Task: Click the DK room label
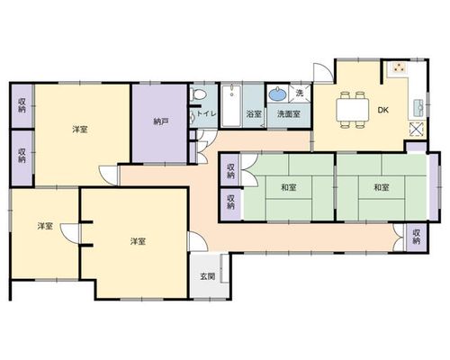(383, 110)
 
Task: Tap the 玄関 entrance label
(208, 276)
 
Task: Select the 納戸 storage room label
(161, 121)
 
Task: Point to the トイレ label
(206, 113)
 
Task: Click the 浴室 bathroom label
(254, 114)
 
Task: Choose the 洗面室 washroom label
(289, 114)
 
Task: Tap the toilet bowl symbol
(198, 94)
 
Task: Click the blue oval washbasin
(278, 94)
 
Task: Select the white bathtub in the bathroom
(231, 106)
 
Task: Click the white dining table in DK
(353, 110)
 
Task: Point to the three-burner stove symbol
(399, 67)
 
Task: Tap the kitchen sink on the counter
(418, 107)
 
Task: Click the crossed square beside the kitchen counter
(418, 129)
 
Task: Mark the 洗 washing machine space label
(300, 93)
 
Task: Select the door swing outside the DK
(323, 73)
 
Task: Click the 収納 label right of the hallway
(417, 237)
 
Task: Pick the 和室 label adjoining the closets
(289, 187)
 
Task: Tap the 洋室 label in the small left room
(45, 226)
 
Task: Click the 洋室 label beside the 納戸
(80, 130)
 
